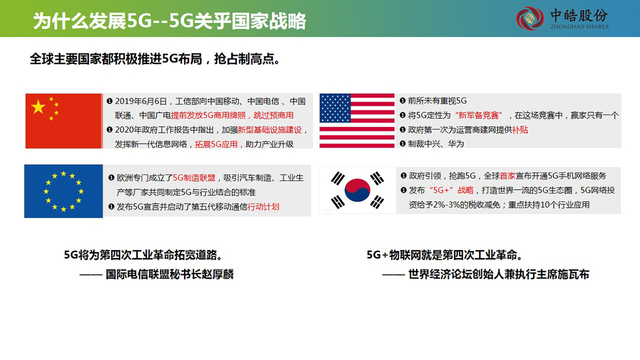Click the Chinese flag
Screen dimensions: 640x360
63,121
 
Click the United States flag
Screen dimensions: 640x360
357,121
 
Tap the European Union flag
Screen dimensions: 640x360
63,191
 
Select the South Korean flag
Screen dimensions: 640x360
357,190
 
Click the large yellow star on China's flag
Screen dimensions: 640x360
39,107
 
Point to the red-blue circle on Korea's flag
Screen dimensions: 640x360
357,190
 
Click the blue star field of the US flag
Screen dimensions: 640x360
335,108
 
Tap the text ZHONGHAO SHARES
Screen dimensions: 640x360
579,27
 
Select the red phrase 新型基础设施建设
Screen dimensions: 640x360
270,130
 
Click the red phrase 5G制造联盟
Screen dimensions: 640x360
194,178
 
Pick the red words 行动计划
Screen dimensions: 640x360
263,207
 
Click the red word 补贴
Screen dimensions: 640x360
520,130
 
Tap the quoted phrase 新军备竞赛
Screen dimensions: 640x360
478,115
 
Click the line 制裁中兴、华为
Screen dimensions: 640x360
436,144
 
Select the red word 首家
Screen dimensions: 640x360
508,176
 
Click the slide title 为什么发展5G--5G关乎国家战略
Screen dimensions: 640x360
169,21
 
